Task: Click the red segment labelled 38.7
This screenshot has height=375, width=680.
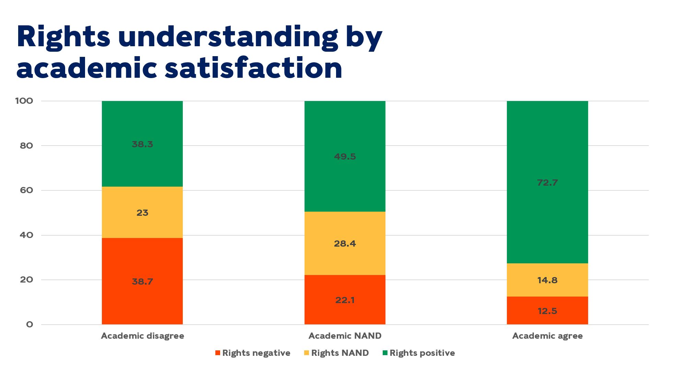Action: (x=142, y=281)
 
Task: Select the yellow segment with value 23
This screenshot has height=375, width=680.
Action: (x=142, y=212)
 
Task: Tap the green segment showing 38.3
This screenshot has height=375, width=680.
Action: (x=142, y=144)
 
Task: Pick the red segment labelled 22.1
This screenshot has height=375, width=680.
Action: (x=345, y=300)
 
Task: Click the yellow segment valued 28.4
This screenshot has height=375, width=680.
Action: (x=345, y=243)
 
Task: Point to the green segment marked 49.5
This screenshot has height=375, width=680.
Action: (x=345, y=156)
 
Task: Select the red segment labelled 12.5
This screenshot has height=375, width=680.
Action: (x=547, y=311)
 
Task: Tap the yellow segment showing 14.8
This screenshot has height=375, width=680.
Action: (x=547, y=280)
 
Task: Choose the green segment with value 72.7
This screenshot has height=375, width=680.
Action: (x=547, y=182)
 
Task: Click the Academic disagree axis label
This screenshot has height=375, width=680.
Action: (x=142, y=336)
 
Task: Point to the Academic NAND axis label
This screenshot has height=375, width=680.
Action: (x=345, y=336)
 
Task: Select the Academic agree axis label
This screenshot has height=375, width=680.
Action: (x=547, y=336)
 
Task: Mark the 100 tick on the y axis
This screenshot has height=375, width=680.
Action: (x=24, y=101)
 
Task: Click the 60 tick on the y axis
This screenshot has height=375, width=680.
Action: (x=26, y=190)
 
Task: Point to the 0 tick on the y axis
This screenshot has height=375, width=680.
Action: (x=29, y=324)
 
